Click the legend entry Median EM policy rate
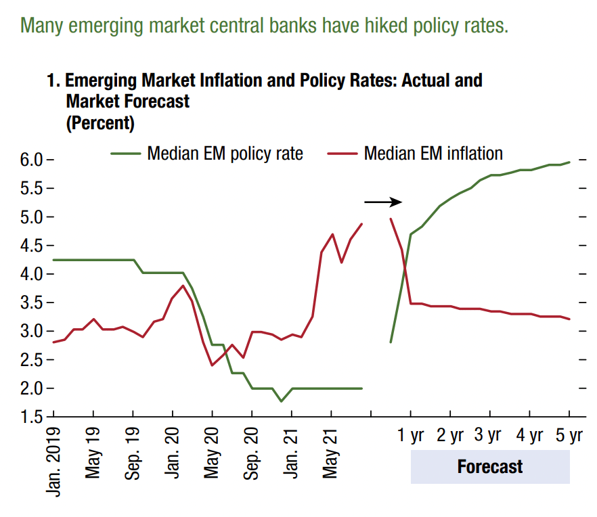tap(225, 154)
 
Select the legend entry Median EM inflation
tap(433, 154)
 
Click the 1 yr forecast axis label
tap(410, 435)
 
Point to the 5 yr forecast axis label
tap(569, 435)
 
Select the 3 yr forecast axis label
tap(487, 435)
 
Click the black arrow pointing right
tap(383, 202)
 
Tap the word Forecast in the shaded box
tap(490, 466)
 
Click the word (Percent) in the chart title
tap(100, 123)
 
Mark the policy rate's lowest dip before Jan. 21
tap(281, 401)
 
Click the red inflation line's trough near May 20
tap(213, 365)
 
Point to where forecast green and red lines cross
tap(405, 270)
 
